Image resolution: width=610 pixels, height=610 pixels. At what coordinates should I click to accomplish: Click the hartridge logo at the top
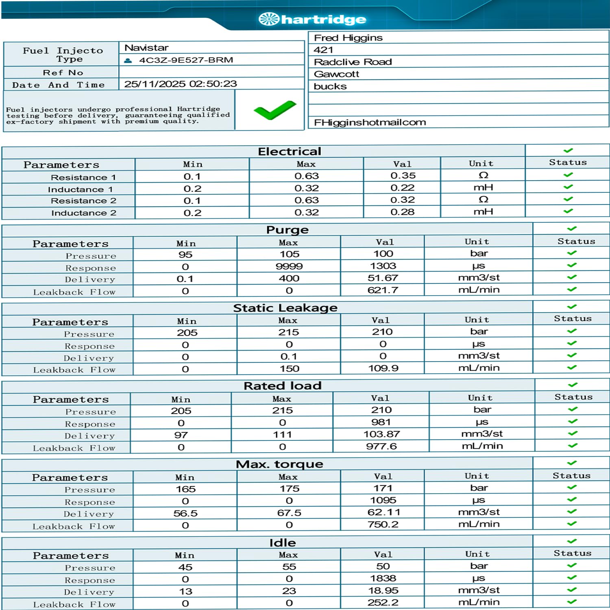312,19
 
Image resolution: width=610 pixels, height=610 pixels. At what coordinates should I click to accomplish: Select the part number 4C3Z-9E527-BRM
186,60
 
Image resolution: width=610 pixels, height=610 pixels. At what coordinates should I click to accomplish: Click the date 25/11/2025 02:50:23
181,84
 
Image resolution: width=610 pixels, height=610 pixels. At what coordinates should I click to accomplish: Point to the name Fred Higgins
348,38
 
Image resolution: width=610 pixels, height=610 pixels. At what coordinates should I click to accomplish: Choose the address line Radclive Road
353,62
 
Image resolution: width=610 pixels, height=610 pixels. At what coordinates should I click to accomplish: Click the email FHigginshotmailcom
370,122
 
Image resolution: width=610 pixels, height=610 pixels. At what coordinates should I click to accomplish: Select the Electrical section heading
289,151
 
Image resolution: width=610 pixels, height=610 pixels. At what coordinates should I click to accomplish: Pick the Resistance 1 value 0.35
403,176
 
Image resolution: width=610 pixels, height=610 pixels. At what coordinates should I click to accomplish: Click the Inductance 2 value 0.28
402,212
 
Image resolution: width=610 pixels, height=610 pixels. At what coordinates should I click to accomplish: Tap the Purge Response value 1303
383,266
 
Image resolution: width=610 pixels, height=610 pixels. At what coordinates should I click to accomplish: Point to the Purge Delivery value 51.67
383,278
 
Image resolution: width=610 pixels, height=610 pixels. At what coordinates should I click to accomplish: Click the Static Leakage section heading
285,308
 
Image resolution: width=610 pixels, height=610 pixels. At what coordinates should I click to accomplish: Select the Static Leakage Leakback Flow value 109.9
383,368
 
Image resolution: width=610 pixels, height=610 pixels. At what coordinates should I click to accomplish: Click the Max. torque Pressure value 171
383,488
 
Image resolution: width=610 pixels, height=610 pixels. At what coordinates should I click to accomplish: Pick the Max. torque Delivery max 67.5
289,513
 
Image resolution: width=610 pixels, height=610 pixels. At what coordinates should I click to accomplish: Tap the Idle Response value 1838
383,578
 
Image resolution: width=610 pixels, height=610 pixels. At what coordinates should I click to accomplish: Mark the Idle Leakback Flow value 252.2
383,603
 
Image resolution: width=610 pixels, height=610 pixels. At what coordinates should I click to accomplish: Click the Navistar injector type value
146,48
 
